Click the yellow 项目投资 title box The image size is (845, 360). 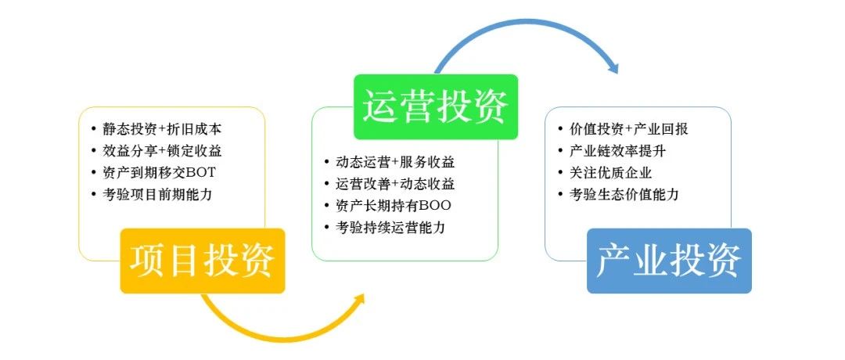(x=203, y=261)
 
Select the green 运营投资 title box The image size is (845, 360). (x=436, y=106)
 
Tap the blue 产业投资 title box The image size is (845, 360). (x=669, y=261)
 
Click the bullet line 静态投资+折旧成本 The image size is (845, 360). (x=162, y=129)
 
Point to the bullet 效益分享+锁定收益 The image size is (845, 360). (x=162, y=151)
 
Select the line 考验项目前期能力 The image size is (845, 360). (x=157, y=195)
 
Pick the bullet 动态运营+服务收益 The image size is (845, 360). (x=396, y=162)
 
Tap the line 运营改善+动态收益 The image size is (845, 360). (x=396, y=184)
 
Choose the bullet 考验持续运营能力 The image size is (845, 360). (x=390, y=228)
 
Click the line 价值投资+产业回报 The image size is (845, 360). (x=629, y=129)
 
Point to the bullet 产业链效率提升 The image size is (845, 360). (x=617, y=151)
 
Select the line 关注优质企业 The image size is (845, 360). (x=610, y=173)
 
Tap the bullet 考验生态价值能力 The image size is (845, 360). (x=624, y=195)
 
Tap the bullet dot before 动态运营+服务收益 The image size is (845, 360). (x=327, y=162)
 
